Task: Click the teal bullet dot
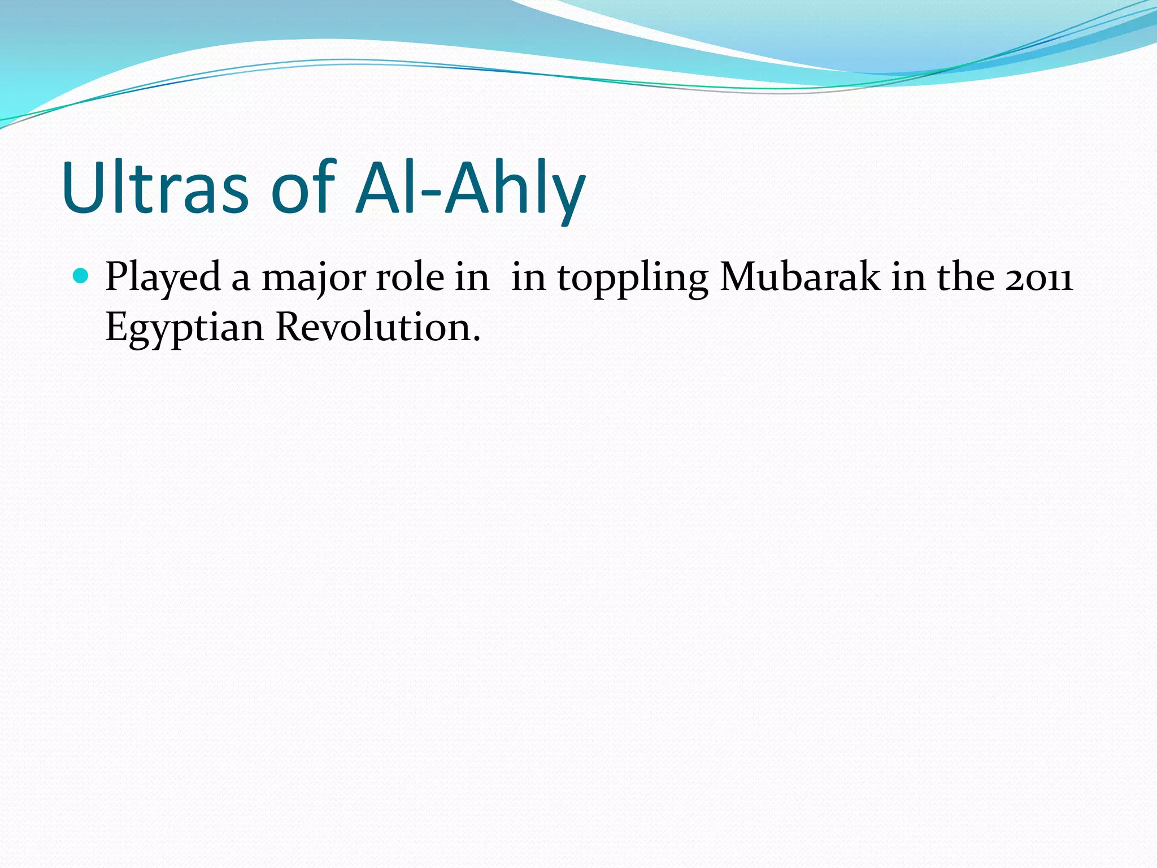coord(81,276)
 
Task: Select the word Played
coord(163,277)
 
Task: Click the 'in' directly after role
coord(472,277)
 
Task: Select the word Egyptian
coord(184,329)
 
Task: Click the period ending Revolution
coord(476,340)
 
